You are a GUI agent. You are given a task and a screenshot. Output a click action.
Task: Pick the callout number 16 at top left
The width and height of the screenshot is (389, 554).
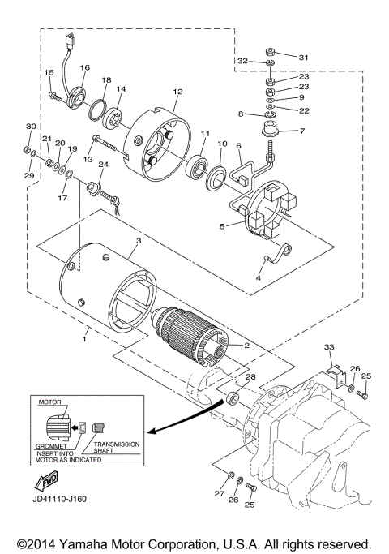click(x=85, y=67)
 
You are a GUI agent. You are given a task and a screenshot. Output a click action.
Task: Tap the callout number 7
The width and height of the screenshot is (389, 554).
click(x=302, y=130)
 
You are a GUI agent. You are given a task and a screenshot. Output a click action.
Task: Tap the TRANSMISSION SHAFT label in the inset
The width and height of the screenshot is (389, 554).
click(x=117, y=449)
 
